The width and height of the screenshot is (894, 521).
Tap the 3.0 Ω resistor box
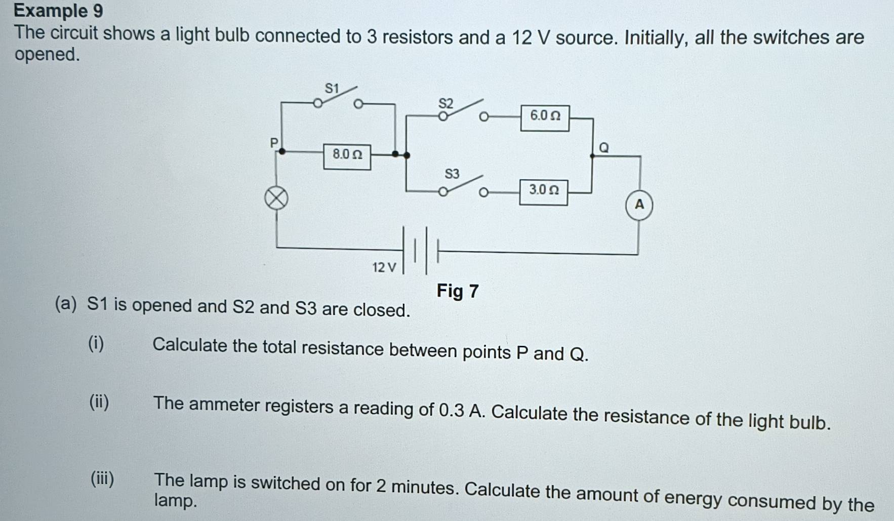point(543,192)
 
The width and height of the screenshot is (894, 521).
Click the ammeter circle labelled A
point(639,206)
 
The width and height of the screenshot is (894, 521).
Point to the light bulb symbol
point(276,198)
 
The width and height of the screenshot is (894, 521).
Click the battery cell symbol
point(421,250)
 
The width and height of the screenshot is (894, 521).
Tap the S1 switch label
point(332,89)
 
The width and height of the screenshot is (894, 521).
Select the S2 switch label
point(445,104)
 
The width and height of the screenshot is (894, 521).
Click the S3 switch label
point(452,174)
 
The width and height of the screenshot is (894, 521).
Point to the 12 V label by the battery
point(384,267)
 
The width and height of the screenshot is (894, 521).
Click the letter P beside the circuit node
point(274,143)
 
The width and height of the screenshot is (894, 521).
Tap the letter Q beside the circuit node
point(603,148)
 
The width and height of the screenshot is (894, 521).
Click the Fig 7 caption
point(458,291)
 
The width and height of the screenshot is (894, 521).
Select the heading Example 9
point(58,11)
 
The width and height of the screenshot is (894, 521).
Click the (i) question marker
point(96,344)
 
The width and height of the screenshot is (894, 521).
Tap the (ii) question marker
point(99,403)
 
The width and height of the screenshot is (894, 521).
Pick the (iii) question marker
point(102,478)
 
